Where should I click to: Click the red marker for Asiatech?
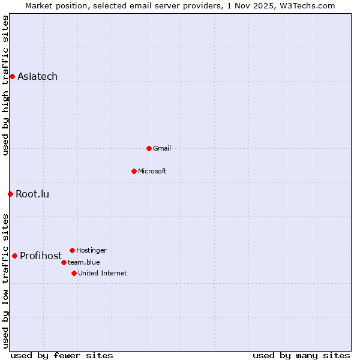[12, 76]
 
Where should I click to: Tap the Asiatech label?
[37, 76]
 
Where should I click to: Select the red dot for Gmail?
[149, 148]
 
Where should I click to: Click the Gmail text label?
[162, 148]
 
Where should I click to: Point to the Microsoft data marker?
[134, 171]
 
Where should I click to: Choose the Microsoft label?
[152, 171]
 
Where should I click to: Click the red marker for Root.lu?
[10, 194]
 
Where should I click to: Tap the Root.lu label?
[32, 194]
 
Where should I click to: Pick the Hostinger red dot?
[72, 250]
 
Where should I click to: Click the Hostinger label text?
[91, 250]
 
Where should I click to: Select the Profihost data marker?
[14, 256]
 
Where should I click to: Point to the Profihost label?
[41, 256]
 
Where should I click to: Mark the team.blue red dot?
[64, 262]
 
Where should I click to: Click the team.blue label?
[84, 262]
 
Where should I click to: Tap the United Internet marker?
[74, 273]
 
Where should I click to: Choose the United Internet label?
[103, 273]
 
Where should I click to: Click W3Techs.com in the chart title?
[306, 5]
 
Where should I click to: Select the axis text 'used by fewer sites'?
[62, 355]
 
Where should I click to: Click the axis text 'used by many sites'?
[301, 355]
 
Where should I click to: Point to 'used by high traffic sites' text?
[5, 85]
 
